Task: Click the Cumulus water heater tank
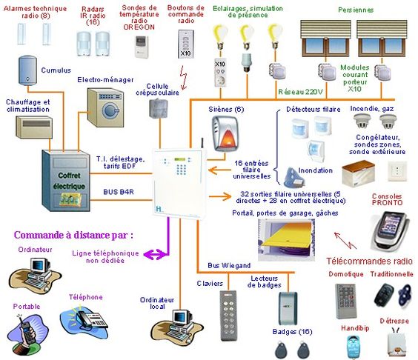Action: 27,70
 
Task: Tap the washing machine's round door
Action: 110,110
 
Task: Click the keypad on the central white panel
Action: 182,170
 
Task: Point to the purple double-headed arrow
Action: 156,255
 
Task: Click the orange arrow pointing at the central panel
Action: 219,170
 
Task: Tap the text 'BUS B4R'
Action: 119,192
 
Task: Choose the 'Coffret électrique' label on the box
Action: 69,181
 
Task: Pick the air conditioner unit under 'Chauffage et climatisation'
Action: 34,127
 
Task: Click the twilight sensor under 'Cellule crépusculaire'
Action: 159,108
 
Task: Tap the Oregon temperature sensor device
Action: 142,47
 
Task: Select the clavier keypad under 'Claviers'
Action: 228,316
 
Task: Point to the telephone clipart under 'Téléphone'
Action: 84,319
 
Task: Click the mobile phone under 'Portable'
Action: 27,333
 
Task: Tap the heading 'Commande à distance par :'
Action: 73,235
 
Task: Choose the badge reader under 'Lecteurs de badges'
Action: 288,308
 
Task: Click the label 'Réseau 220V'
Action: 300,92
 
